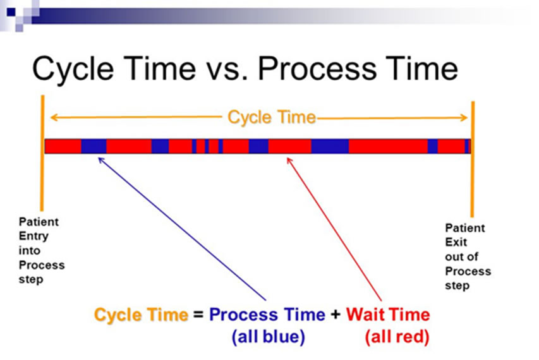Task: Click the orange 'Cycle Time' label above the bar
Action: [271, 117]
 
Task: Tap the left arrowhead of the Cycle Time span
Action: [54, 117]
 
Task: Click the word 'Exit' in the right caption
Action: [455, 242]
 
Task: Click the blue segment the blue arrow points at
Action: [94, 146]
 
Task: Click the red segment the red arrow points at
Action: [289, 146]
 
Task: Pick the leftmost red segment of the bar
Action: [63, 146]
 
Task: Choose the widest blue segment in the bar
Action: [330, 146]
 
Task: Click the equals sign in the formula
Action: [198, 315]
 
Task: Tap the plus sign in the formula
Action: [336, 315]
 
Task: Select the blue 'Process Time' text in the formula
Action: [267, 315]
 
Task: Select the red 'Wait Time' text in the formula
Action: [388, 315]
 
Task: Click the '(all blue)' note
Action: [268, 337]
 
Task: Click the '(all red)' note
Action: [397, 337]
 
